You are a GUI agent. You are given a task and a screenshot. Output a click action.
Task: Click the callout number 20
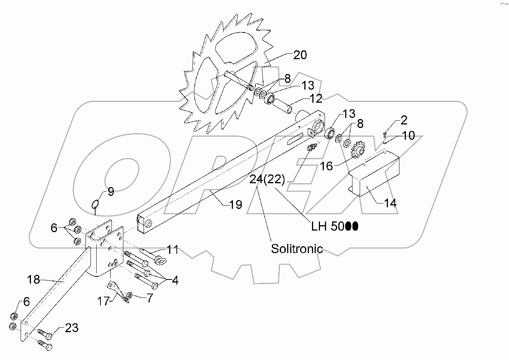click(300, 55)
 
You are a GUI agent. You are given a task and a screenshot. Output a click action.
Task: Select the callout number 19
click(236, 205)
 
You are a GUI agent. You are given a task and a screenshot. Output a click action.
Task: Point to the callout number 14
click(390, 202)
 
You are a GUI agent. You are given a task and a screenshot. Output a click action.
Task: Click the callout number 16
click(326, 166)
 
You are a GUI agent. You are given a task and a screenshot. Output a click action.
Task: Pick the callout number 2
click(404, 121)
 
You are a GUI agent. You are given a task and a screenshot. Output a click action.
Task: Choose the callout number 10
click(409, 136)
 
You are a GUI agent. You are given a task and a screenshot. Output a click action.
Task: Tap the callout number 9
click(110, 192)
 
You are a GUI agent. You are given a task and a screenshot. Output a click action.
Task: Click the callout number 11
click(173, 250)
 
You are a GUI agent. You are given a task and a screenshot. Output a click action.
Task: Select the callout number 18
click(34, 279)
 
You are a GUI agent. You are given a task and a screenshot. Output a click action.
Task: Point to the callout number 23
click(72, 328)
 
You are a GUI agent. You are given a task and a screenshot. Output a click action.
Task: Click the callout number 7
click(149, 297)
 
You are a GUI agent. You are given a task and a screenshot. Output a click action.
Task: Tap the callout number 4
click(175, 281)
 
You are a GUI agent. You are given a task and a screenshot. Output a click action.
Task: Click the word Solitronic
click(297, 249)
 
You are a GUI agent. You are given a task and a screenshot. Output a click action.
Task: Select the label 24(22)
click(267, 180)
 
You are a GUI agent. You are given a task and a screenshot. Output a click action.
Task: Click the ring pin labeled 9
click(96, 203)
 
